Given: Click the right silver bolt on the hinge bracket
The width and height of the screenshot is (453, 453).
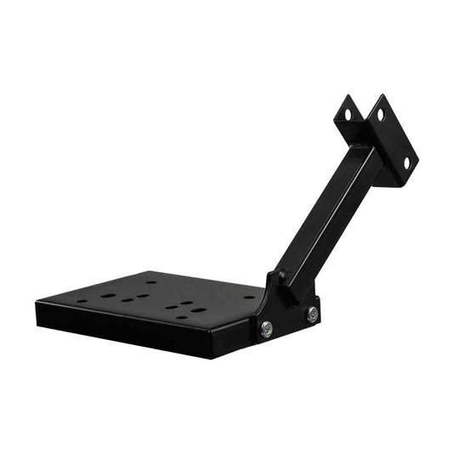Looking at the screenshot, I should [312, 314].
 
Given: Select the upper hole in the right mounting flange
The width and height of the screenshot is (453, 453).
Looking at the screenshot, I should [380, 113].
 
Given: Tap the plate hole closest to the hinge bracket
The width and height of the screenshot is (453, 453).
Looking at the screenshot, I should [248, 297].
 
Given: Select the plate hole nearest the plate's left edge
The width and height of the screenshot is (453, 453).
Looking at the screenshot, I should [82, 300].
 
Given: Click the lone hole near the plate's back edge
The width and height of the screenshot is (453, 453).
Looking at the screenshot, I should [151, 281].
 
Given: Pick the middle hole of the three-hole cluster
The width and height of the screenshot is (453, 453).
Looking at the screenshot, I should [127, 299].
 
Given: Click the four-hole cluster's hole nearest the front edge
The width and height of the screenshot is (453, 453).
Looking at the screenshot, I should [181, 317].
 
